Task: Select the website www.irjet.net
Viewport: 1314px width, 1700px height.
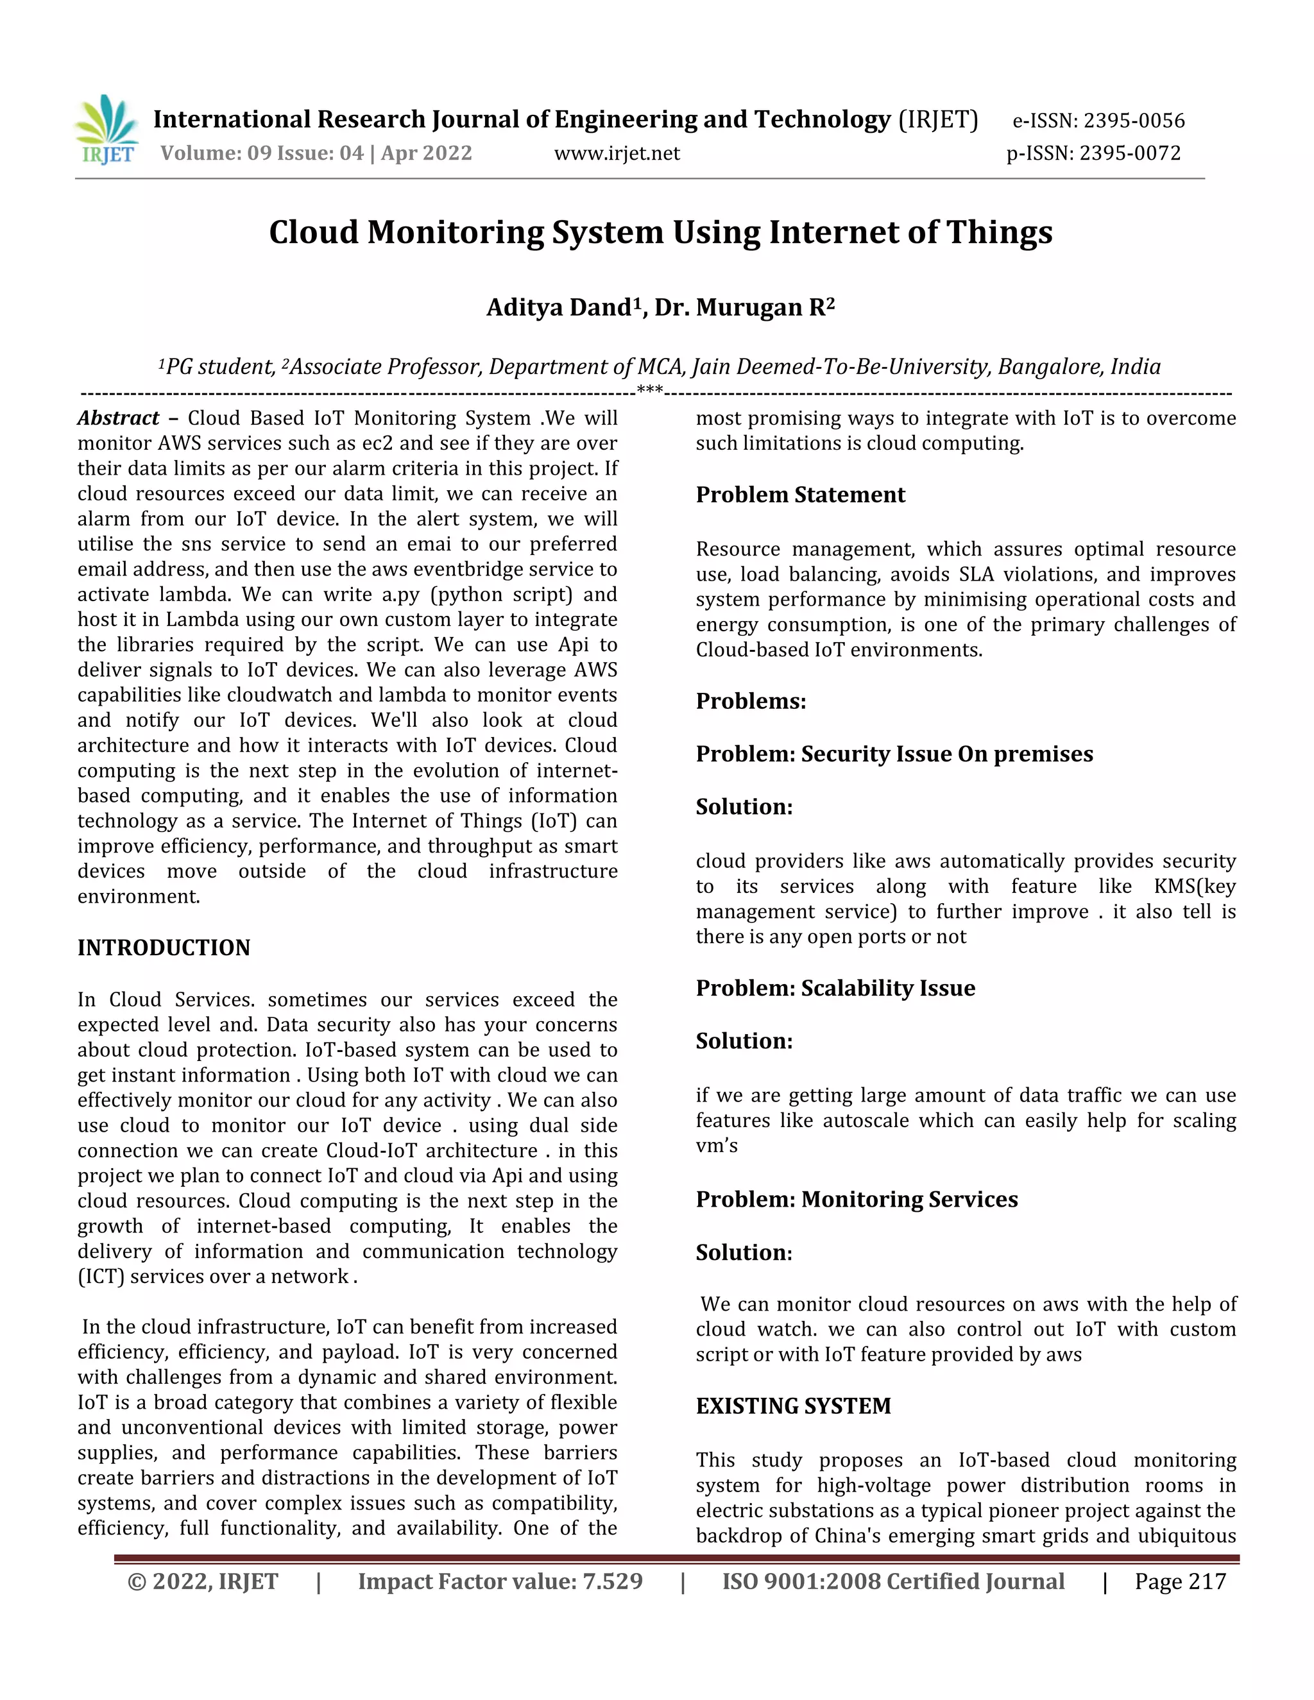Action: coord(617,153)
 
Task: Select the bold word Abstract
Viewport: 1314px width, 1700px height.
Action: coord(118,418)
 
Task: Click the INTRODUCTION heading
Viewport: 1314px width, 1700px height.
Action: coord(164,948)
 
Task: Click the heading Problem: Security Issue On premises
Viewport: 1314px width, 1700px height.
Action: coord(894,754)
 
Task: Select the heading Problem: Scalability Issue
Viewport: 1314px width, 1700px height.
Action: coord(835,988)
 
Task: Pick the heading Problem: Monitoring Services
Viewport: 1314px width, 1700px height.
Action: coord(857,1199)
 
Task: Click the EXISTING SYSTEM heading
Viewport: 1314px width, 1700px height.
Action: coord(793,1406)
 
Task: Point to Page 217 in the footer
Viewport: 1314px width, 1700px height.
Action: coord(1179,1582)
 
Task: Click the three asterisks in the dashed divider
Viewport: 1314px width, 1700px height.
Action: coord(649,390)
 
